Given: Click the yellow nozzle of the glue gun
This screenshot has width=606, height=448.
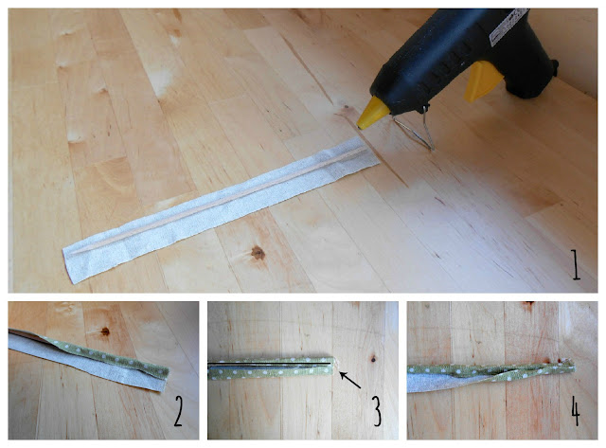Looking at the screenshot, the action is (x=372, y=114).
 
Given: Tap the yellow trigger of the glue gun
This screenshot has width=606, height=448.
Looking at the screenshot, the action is (x=482, y=81).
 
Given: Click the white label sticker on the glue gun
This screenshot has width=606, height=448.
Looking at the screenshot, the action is (x=508, y=27).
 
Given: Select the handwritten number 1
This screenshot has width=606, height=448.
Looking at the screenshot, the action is (x=576, y=264).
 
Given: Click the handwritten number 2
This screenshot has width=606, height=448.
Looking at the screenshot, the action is (x=178, y=412).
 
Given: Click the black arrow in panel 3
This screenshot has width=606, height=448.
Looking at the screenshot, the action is (x=350, y=380).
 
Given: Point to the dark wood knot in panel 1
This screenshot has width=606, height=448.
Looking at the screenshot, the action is (x=258, y=253).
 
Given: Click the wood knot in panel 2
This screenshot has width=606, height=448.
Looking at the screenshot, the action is (x=105, y=332).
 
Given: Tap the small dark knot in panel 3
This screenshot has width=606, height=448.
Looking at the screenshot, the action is (x=373, y=360).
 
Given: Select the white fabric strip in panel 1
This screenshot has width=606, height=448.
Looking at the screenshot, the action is (x=221, y=209).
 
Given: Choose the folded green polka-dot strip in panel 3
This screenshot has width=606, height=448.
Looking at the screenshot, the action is (x=271, y=368).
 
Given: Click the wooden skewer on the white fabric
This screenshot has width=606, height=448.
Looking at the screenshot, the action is (x=219, y=200).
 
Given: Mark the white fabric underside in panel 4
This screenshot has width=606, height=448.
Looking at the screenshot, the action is (x=437, y=383).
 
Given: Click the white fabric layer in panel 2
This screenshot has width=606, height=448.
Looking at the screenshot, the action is (x=85, y=362).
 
